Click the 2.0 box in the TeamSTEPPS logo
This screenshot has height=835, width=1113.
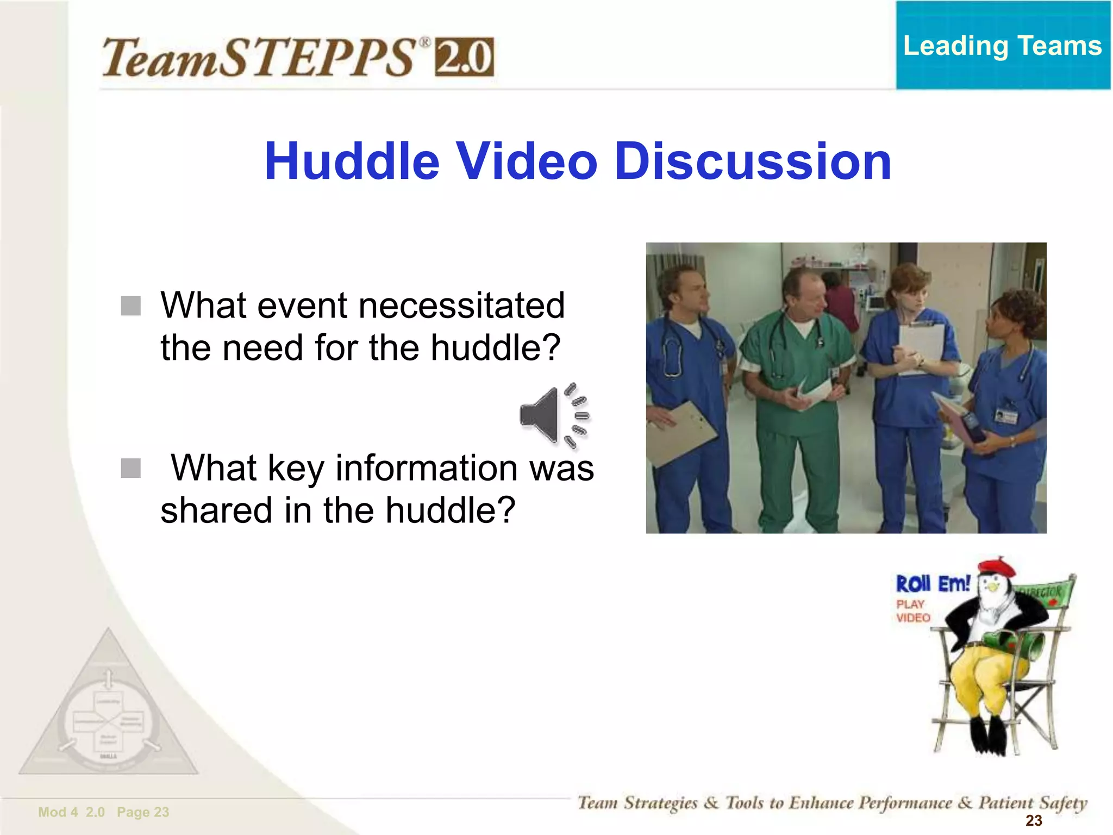pyautogui.click(x=464, y=57)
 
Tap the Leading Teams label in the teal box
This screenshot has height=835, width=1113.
pyautogui.click(x=1002, y=46)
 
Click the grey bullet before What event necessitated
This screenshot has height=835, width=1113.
pyautogui.click(x=131, y=306)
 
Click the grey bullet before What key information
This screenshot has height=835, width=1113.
pyautogui.click(x=131, y=468)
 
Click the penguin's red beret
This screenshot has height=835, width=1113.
pyautogui.click(x=997, y=568)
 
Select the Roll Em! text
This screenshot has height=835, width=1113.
pyautogui.click(x=933, y=584)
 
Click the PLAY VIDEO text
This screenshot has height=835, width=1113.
pyautogui.click(x=912, y=611)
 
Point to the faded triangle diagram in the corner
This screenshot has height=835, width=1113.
pyautogui.click(x=109, y=712)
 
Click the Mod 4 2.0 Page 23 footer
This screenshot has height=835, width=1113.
pyautogui.click(x=103, y=812)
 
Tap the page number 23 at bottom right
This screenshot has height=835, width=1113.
pyautogui.click(x=1033, y=820)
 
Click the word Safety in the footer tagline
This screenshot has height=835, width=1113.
pyautogui.click(x=1063, y=803)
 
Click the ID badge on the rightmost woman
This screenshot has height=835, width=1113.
pyautogui.click(x=1006, y=416)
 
